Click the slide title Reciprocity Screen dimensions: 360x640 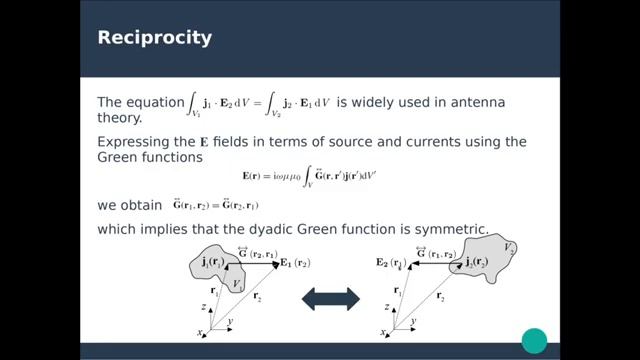click(154, 38)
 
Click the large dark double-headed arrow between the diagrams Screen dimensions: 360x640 click(331, 297)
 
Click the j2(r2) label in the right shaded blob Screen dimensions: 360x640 click(473, 262)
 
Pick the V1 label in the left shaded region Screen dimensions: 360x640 click(237, 285)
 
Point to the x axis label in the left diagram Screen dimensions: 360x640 click(200, 332)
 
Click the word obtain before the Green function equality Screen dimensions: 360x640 click(141, 205)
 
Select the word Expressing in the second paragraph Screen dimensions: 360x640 click(134, 142)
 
